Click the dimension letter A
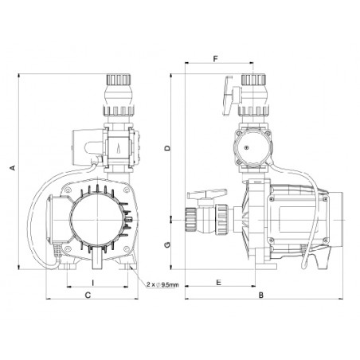coord(13,167)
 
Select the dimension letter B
coord(261,295)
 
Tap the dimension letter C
coord(88,295)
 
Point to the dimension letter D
coord(167,148)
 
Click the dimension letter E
coord(218,282)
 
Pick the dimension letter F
coord(216,59)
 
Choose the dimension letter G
coord(167,245)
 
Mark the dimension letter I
coord(92,283)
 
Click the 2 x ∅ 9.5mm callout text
coord(162,285)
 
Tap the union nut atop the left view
coord(119,80)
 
